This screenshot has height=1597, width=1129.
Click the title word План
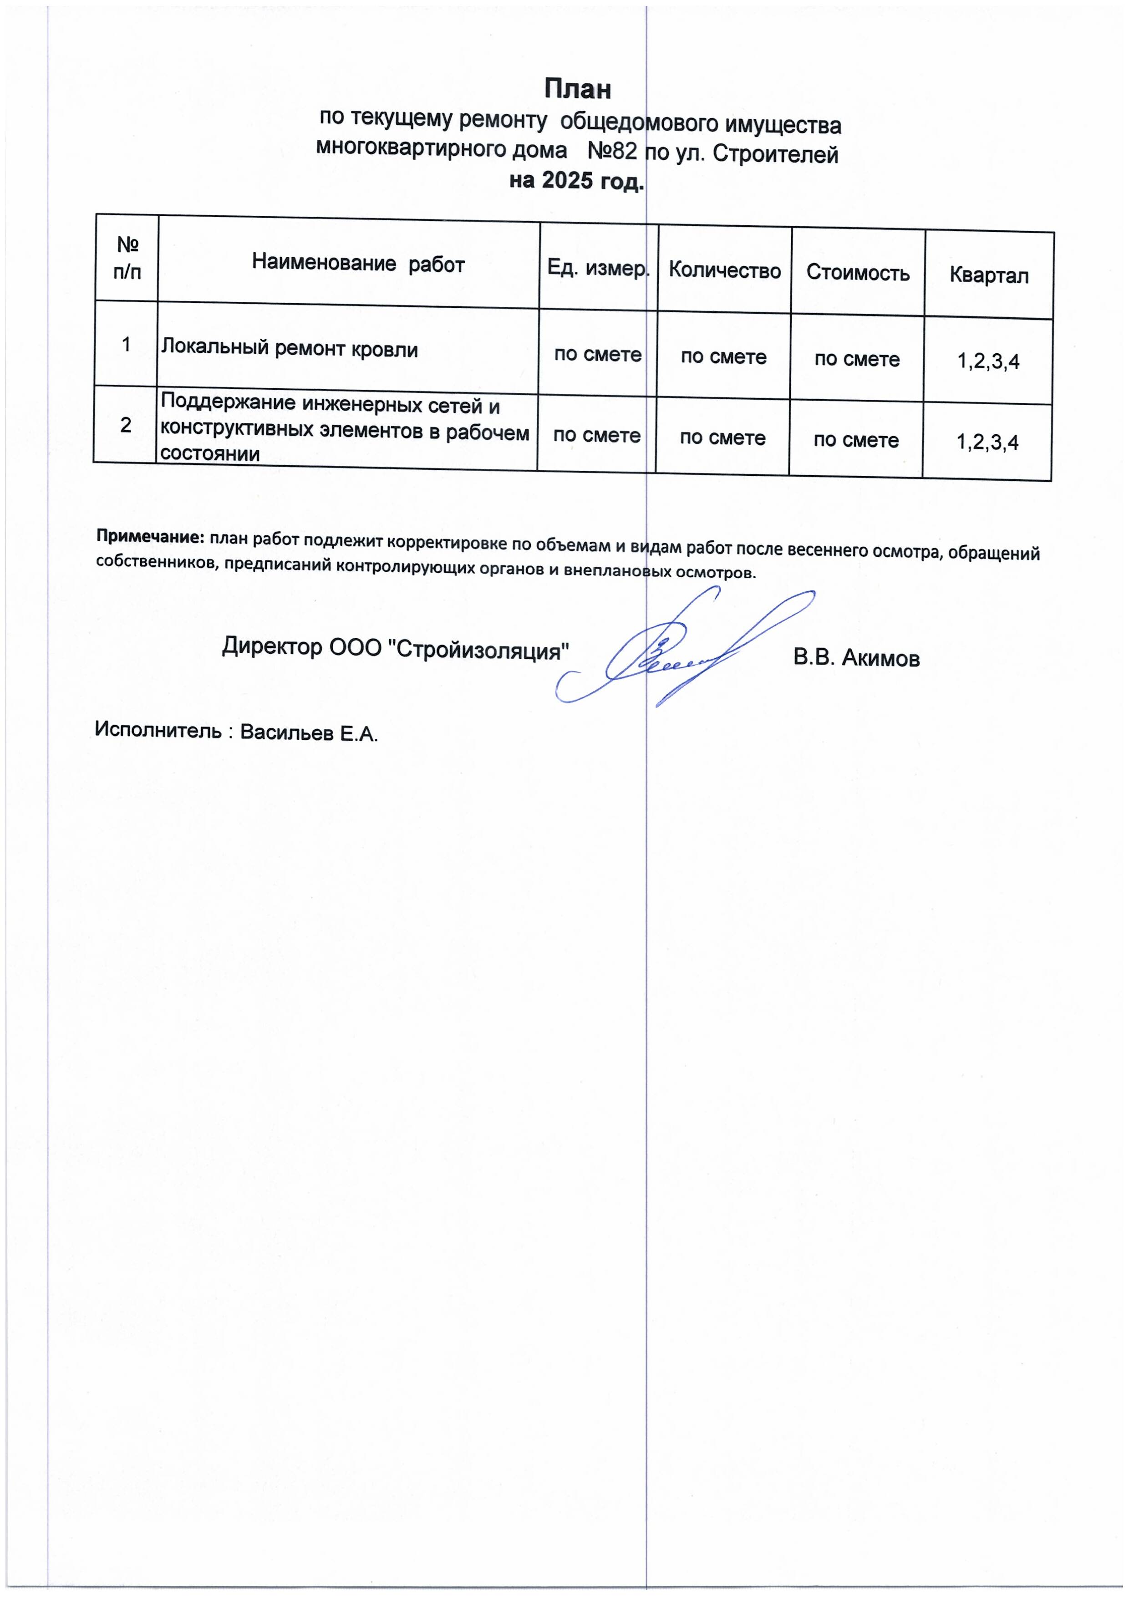click(577, 89)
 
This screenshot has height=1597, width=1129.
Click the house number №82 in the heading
click(612, 151)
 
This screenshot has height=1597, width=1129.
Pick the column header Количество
click(724, 270)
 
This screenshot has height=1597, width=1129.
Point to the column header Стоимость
click(858, 273)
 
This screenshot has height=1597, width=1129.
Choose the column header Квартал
click(988, 275)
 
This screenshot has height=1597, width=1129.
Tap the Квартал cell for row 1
click(988, 361)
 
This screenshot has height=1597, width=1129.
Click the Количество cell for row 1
click(723, 357)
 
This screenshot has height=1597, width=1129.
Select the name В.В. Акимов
click(856, 657)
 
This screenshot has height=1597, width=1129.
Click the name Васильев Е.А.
click(309, 733)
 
